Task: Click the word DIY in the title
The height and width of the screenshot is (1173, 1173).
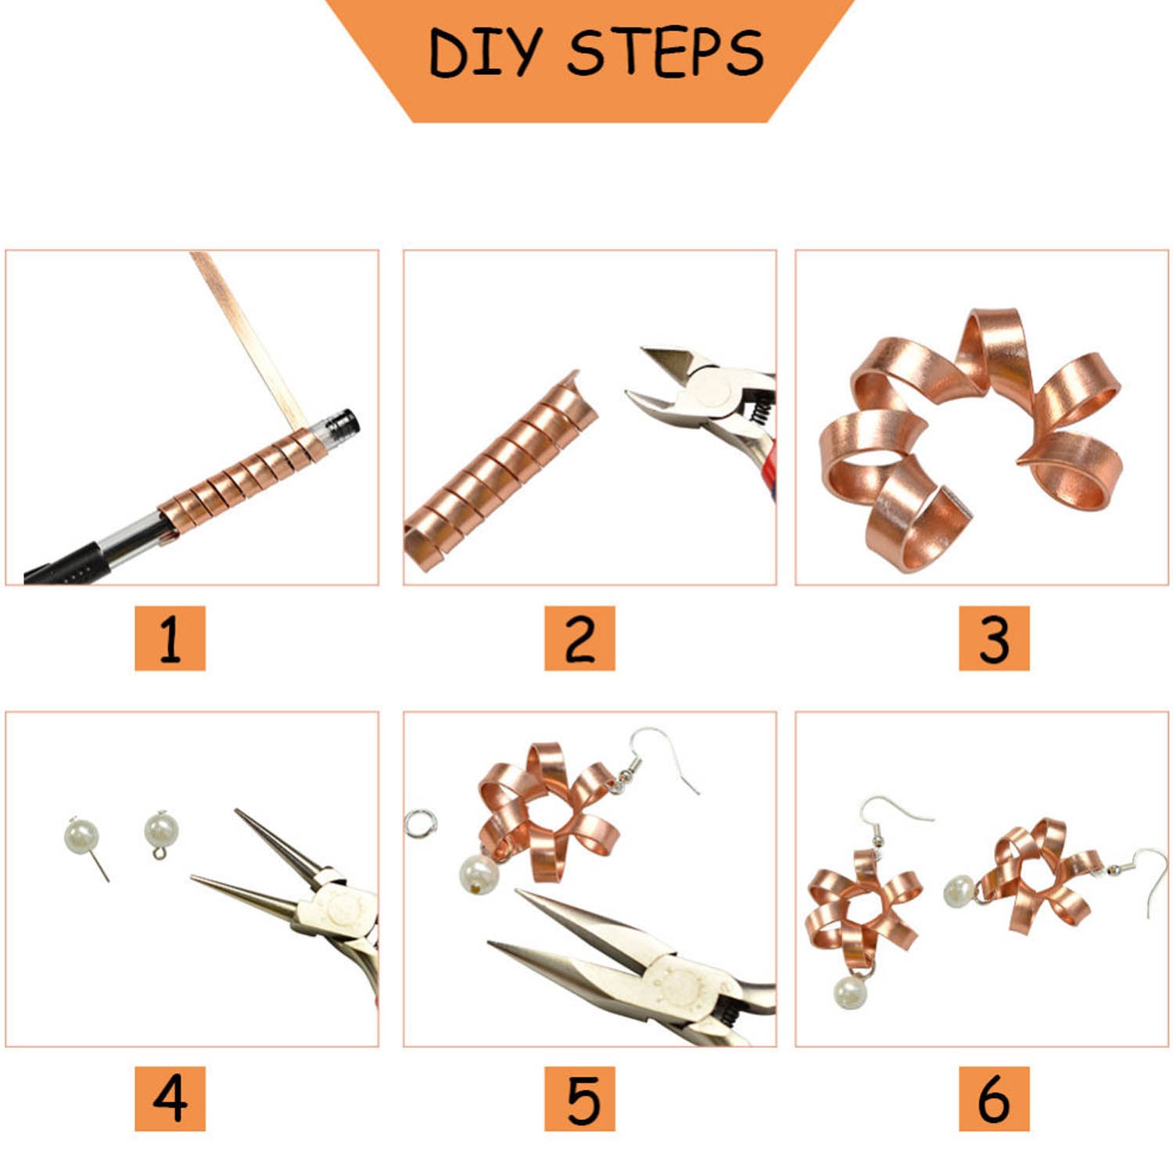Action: (484, 53)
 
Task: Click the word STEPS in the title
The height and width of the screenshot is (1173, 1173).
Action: (665, 53)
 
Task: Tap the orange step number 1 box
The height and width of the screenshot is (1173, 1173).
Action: (170, 637)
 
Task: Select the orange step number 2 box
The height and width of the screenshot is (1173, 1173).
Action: (579, 637)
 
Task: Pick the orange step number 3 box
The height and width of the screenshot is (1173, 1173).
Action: (994, 637)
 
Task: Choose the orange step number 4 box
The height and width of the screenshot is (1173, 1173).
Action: (170, 1098)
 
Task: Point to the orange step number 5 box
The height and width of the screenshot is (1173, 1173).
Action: (579, 1098)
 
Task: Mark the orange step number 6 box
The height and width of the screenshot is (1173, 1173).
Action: (994, 1098)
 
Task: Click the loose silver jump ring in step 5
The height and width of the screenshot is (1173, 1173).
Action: (420, 823)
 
